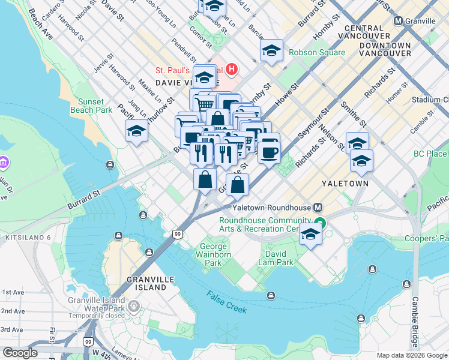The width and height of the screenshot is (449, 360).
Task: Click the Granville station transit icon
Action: [x=398, y=20]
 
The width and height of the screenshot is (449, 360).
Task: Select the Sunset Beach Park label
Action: [x=91, y=106]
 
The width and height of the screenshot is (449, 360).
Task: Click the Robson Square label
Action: [x=317, y=52]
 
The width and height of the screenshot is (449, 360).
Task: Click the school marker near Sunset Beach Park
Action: [x=136, y=131]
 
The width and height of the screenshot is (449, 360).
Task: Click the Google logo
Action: [x=20, y=353]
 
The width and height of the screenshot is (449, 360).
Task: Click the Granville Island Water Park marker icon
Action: [x=133, y=307]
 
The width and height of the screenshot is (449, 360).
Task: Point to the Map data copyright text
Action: [x=412, y=355]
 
